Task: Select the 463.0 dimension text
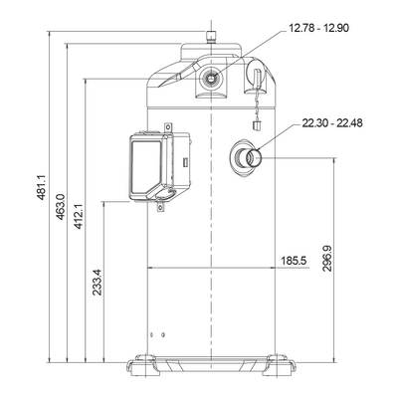(x=60, y=207)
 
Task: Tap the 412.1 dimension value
(x=79, y=217)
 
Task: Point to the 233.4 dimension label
(x=97, y=283)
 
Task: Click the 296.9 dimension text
(x=327, y=259)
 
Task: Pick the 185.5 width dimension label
(x=294, y=261)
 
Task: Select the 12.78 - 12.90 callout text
(x=318, y=28)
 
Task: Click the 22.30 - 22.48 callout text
(x=332, y=123)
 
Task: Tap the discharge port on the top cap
(x=211, y=78)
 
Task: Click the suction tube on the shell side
(x=250, y=158)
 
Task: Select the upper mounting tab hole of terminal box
(x=169, y=126)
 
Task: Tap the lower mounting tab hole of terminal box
(x=160, y=208)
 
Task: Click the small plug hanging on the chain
(x=257, y=125)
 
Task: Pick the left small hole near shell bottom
(x=152, y=335)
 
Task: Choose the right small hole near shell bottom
(x=162, y=335)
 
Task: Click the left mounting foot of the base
(x=144, y=365)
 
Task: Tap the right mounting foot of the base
(x=279, y=365)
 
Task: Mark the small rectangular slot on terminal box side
(x=186, y=162)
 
